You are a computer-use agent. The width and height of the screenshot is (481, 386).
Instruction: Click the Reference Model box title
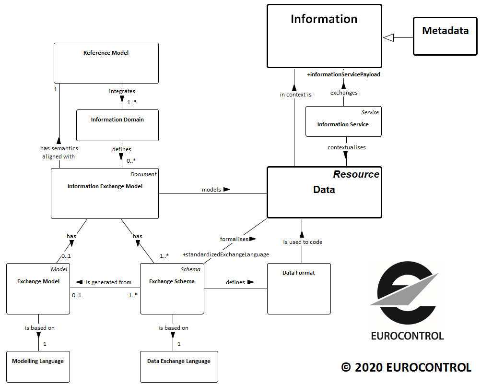tap(106, 53)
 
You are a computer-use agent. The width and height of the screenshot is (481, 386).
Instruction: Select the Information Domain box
tap(117, 125)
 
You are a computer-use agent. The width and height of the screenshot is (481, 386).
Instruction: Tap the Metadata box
tap(445, 37)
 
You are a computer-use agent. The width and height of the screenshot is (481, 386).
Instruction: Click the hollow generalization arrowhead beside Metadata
tap(388, 37)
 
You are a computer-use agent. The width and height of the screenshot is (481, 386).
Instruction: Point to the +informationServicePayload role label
tap(343, 74)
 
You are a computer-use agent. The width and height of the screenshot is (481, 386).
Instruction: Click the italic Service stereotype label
tap(370, 112)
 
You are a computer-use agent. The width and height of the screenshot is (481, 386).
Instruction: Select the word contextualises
tap(346, 147)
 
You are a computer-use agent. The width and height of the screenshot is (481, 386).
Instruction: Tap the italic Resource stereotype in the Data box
tap(356, 174)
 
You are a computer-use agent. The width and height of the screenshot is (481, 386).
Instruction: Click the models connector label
tap(211, 190)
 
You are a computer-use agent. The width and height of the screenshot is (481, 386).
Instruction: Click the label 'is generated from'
tap(108, 282)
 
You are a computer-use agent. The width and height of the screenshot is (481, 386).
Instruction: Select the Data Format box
tap(299, 289)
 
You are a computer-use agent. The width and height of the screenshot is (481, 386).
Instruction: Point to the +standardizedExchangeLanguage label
tap(225, 254)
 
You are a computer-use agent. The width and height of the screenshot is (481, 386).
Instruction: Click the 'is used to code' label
tap(302, 242)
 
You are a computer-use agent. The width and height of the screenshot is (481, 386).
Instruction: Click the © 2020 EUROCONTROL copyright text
tap(406, 367)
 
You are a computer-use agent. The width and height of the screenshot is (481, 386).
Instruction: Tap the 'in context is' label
tap(295, 95)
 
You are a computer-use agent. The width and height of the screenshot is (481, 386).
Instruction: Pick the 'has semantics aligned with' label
tap(59, 152)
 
